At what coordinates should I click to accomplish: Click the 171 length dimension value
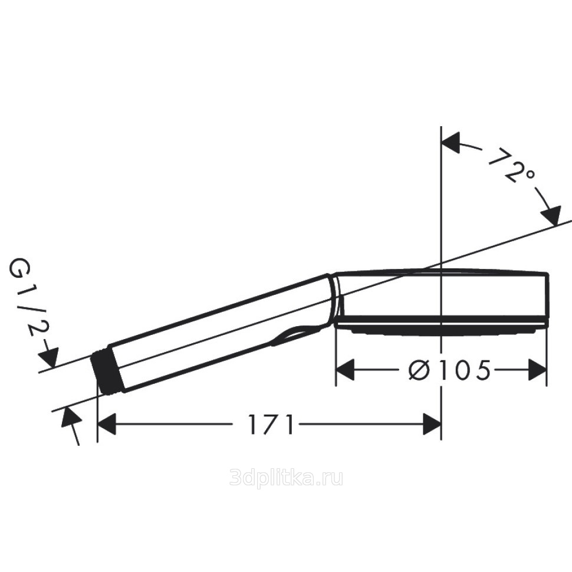271,424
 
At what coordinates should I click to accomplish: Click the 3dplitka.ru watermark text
286,477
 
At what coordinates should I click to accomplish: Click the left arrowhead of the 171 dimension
107,424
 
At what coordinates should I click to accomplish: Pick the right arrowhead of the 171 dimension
432,424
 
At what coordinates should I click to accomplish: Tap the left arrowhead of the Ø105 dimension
345,370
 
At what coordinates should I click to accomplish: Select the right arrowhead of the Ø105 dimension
538,370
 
